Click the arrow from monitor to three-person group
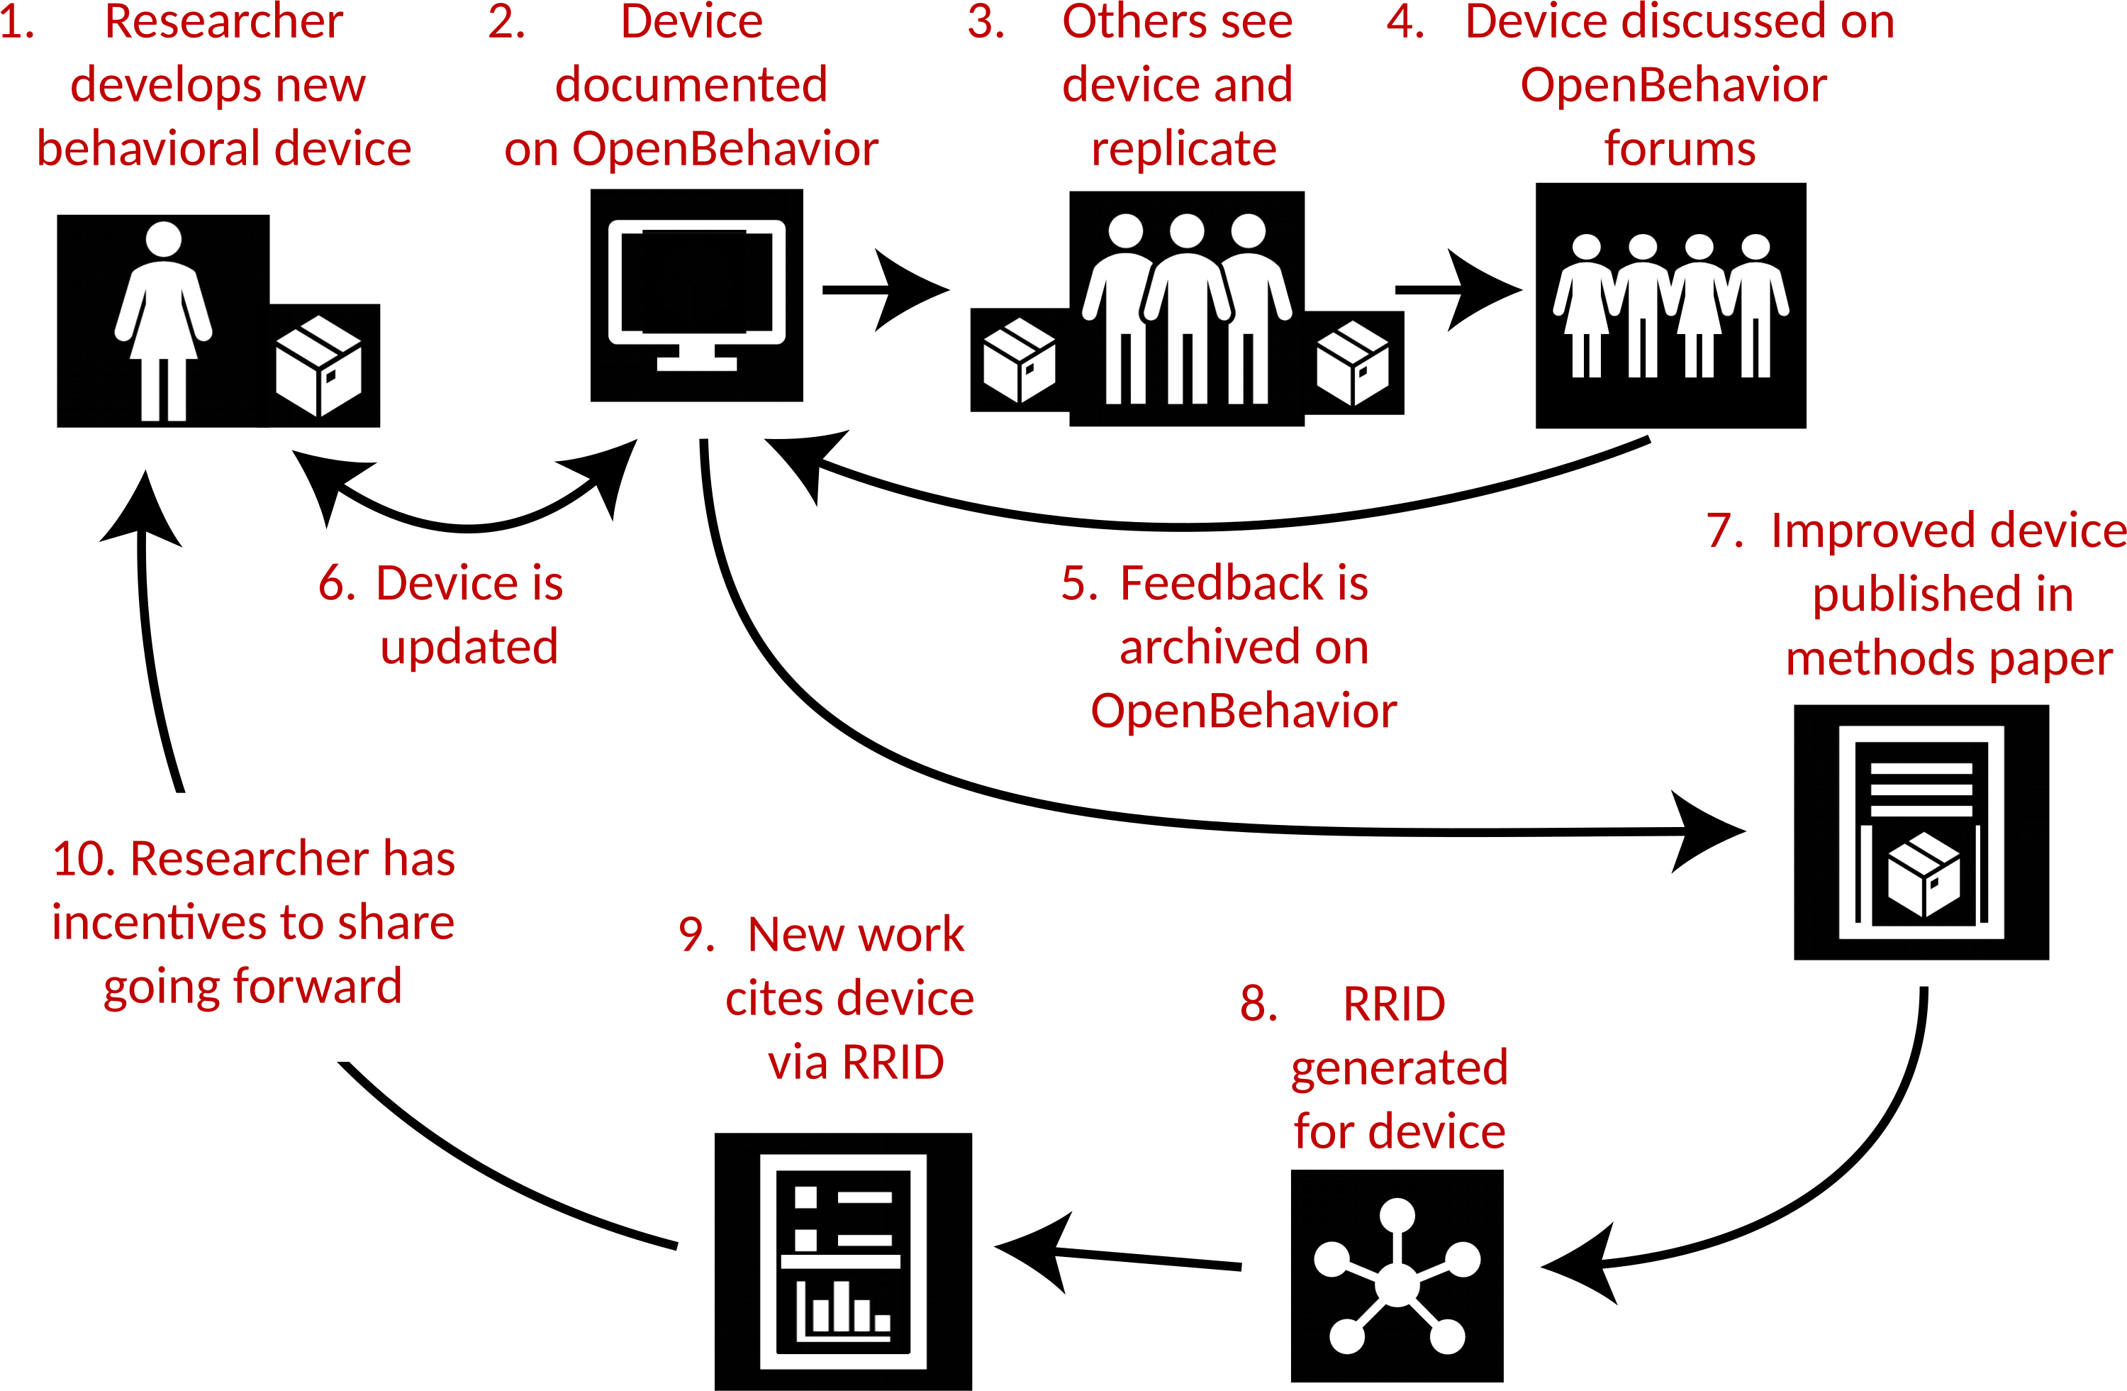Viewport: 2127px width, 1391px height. point(885,289)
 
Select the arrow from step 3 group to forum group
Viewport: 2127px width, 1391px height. point(1458,289)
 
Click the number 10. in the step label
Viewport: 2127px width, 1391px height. point(85,859)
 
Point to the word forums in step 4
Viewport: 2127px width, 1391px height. point(1679,148)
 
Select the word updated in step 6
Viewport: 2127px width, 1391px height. point(469,647)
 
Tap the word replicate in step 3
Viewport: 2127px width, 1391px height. point(1183,148)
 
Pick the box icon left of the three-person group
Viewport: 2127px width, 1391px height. point(1019,360)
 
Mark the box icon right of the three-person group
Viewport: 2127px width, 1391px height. point(1352,363)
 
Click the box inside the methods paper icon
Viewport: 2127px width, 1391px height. point(1924,875)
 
